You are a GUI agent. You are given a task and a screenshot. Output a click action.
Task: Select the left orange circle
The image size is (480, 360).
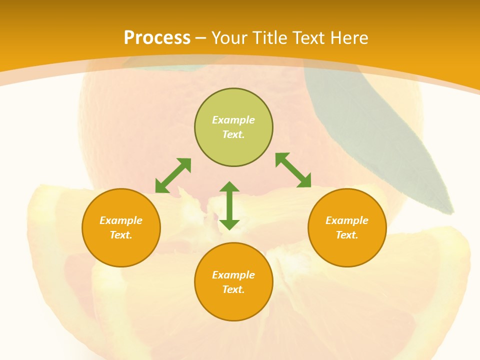click(x=121, y=227)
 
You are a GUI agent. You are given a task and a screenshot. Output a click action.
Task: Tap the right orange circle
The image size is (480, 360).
click(x=347, y=227)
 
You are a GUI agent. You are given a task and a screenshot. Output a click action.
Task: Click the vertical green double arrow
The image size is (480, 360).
click(x=229, y=206)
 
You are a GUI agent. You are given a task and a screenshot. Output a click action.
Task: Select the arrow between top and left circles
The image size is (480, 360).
click(x=173, y=175)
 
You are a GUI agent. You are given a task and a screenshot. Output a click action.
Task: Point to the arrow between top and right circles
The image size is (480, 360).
click(x=293, y=170)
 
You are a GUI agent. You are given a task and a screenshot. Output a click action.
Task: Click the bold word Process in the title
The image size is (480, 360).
click(x=157, y=37)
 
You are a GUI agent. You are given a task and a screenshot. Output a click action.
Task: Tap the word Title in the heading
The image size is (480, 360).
click(x=270, y=37)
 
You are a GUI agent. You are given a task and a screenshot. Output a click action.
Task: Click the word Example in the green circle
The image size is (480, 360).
click(x=233, y=120)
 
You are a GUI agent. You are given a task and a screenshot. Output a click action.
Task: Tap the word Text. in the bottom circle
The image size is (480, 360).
click(x=233, y=289)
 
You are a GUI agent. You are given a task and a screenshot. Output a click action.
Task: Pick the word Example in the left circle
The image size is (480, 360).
click(x=121, y=220)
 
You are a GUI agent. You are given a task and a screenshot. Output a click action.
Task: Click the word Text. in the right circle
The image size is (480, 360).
click(x=347, y=235)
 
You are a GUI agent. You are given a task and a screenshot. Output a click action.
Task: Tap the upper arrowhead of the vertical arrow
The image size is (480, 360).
click(x=229, y=187)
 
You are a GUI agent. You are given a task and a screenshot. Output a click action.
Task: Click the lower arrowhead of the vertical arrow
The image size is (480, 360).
click(x=229, y=225)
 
